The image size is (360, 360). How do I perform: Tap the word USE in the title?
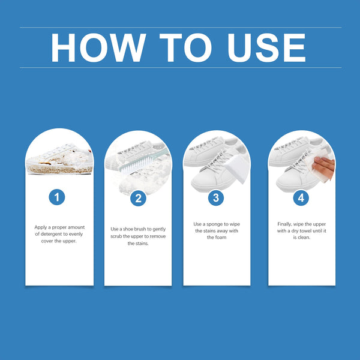coord(266,47)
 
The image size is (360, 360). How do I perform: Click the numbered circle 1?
coord(57,197)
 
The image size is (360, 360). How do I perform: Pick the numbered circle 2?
coord(138,198)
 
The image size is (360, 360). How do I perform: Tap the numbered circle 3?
coord(216,197)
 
